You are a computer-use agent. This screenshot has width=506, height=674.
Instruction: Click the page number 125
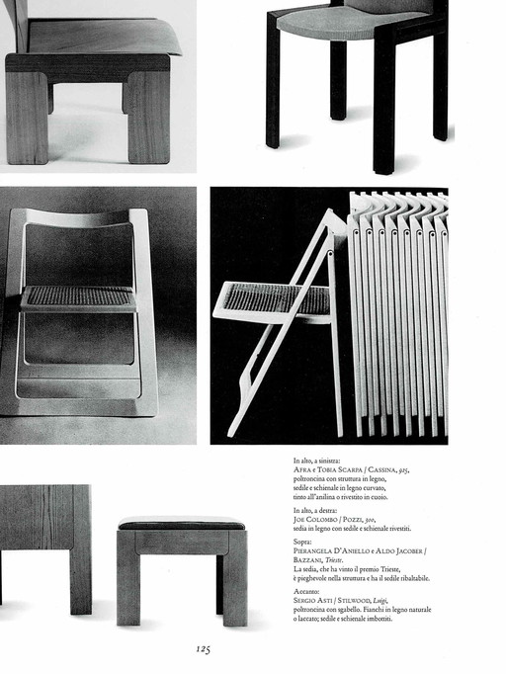pos(203,649)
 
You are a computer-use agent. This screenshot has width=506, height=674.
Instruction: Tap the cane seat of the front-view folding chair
pos(79,295)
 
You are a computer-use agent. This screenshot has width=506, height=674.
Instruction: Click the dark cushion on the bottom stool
pos(182,524)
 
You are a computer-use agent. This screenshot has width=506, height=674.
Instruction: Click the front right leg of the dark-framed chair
pos(383,109)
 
